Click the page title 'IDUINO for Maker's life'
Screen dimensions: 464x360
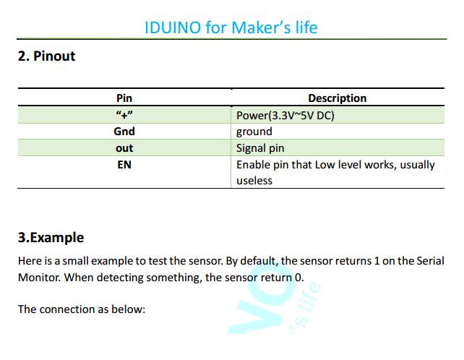pyautogui.click(x=231, y=27)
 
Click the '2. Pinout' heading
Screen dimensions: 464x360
pyautogui.click(x=46, y=56)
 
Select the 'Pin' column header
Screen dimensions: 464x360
pyautogui.click(x=124, y=98)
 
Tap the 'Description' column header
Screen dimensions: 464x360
pyautogui.click(x=338, y=98)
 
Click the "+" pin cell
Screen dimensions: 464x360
pyautogui.click(x=124, y=115)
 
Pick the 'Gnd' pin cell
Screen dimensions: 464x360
pyautogui.click(x=124, y=131)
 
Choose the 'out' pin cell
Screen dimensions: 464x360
pyautogui.click(x=124, y=148)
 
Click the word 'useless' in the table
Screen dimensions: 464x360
pyautogui.click(x=254, y=181)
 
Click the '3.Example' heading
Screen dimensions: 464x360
pyautogui.click(x=51, y=237)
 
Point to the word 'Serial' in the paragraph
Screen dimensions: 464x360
pyautogui.click(x=431, y=261)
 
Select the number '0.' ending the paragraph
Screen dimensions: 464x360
pyautogui.click(x=299, y=278)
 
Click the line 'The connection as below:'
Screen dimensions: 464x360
pyautogui.click(x=82, y=309)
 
